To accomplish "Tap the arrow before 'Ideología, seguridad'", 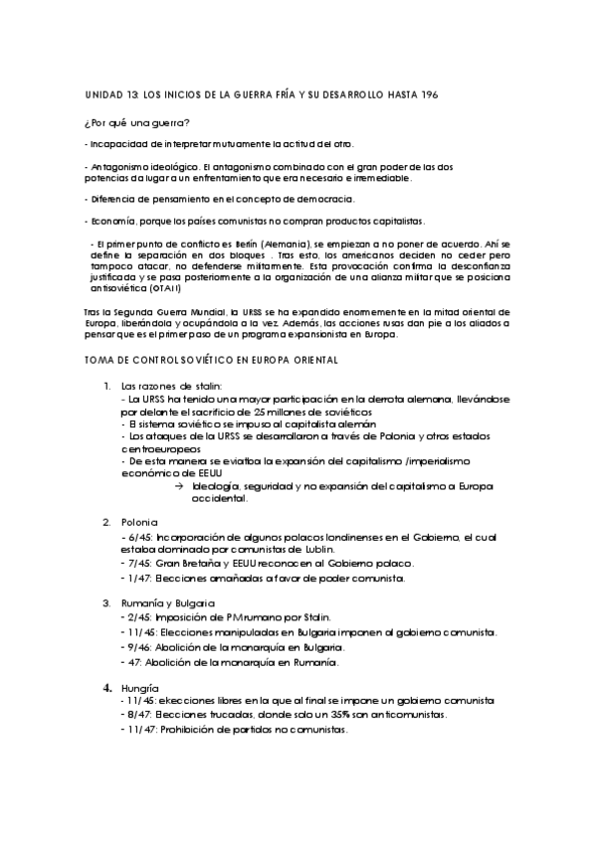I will tap(179, 484).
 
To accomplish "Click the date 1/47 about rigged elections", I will tap(130, 578).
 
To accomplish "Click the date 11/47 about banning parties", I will tap(132, 730).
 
